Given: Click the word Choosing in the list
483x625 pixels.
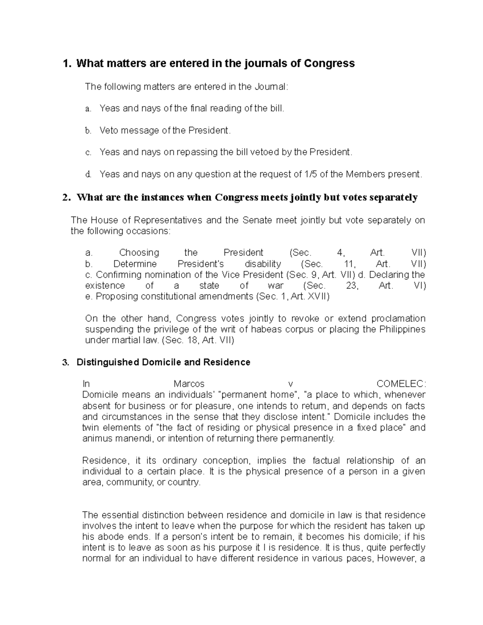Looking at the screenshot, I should pos(139,253).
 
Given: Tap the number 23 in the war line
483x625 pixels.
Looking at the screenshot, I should pos(351,286).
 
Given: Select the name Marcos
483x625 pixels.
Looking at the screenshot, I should pos(189,384).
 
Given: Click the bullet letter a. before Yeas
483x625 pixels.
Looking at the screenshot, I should pos(88,109).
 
